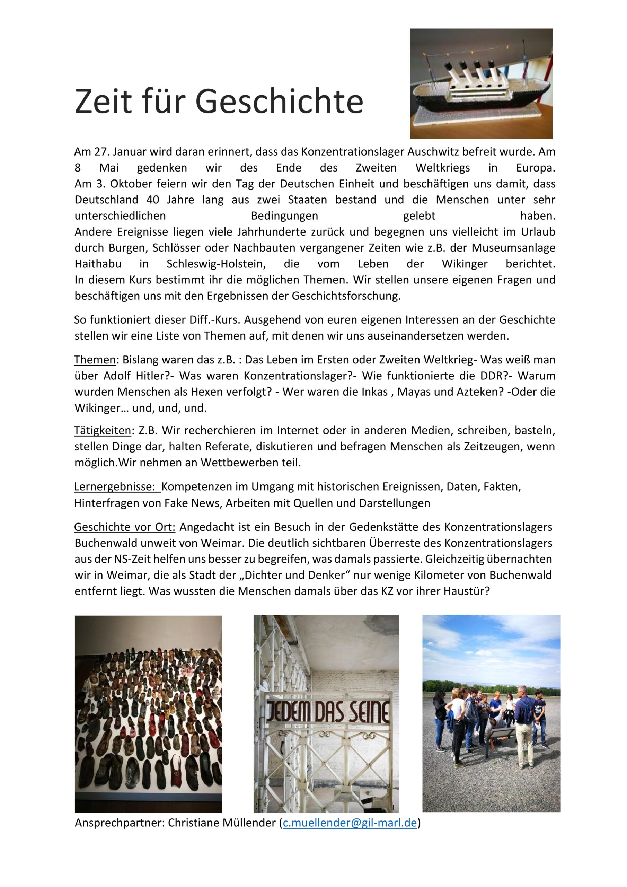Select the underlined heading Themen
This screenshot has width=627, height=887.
tap(95, 360)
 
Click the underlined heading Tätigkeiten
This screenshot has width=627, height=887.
tap(103, 430)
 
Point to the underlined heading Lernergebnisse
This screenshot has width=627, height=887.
tap(117, 486)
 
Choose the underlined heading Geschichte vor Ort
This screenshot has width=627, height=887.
tap(125, 527)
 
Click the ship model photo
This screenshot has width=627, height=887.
tap(481, 84)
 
